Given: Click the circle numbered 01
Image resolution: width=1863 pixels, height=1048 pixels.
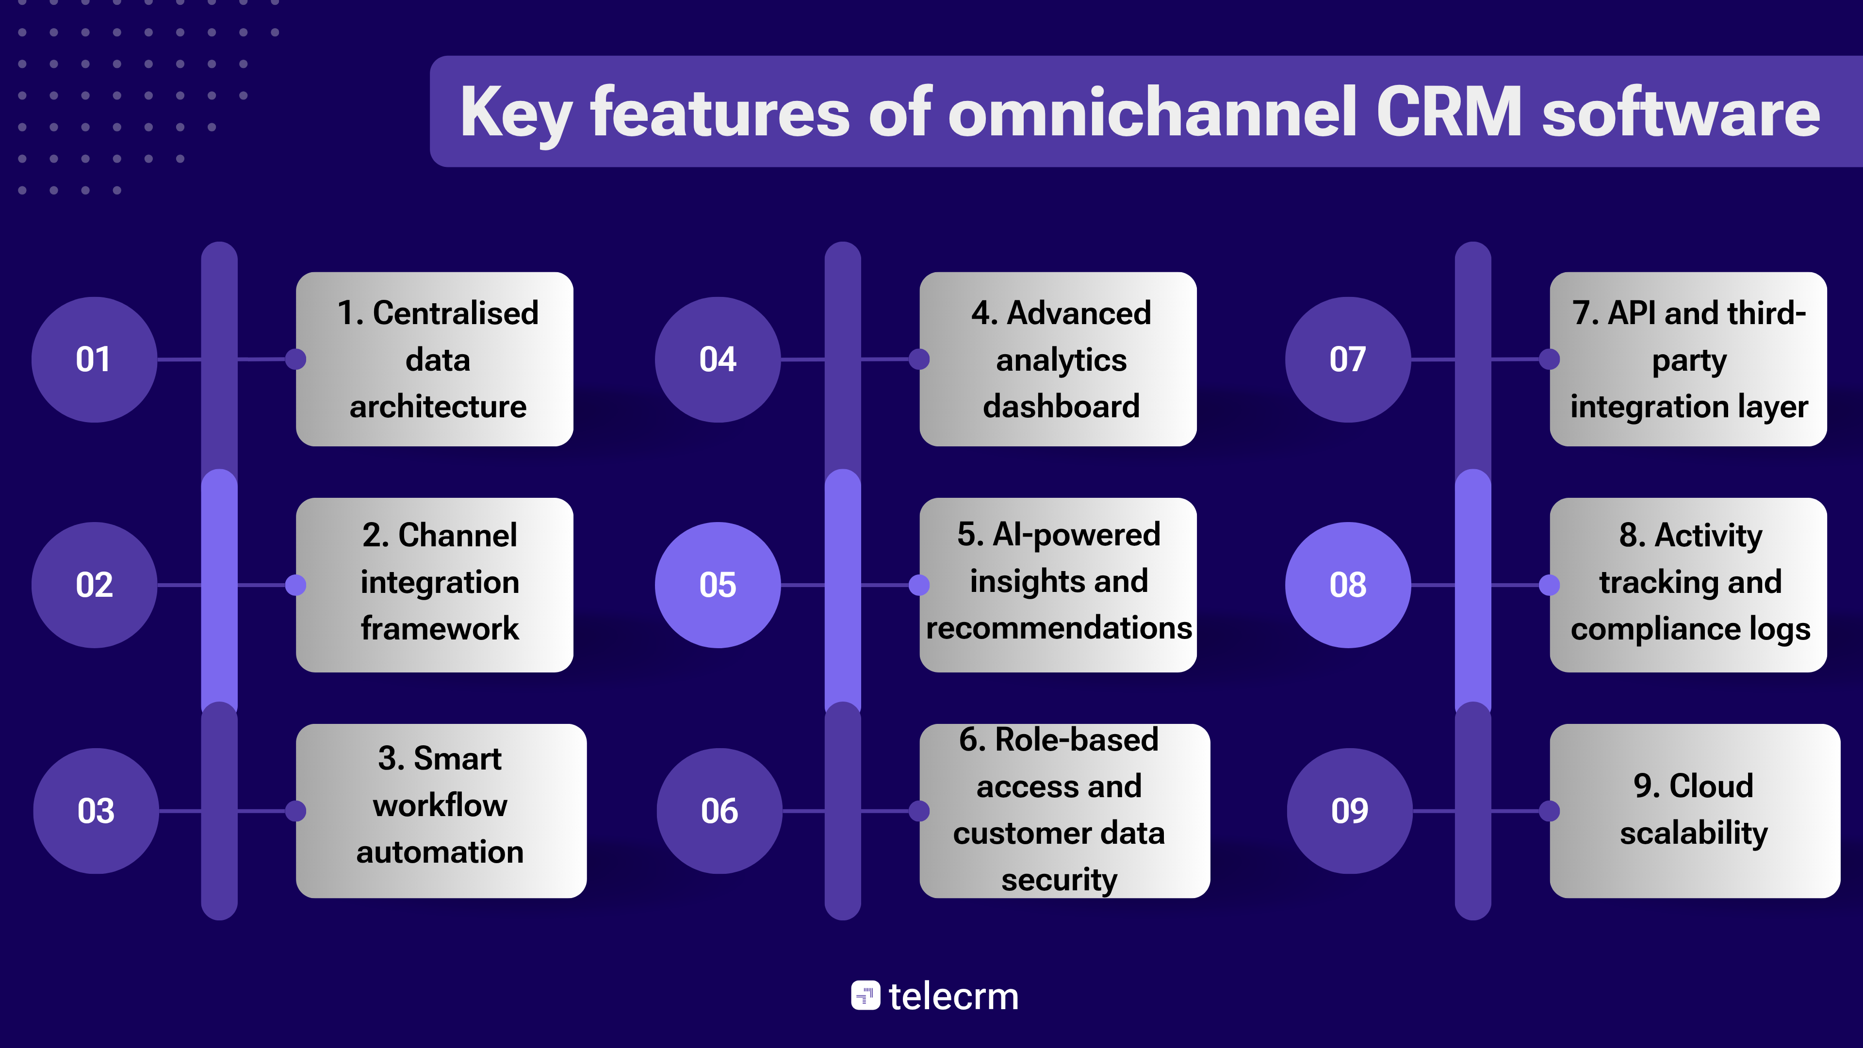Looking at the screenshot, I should click(94, 360).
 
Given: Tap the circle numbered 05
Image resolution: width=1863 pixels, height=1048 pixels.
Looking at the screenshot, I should click(718, 584).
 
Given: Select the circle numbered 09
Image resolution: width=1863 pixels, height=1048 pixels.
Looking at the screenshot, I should click(1350, 811).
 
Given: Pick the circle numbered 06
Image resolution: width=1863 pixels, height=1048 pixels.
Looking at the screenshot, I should click(719, 811).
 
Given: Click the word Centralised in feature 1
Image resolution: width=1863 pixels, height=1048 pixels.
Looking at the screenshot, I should click(456, 313).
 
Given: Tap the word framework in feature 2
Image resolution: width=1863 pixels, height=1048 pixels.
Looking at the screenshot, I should click(440, 628).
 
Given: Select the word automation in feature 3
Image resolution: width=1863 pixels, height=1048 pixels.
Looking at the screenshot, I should click(440, 852).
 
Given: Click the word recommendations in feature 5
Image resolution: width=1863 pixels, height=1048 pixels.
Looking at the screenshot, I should click(1059, 628).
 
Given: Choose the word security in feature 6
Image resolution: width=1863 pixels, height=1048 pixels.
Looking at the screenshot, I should click(1059, 880).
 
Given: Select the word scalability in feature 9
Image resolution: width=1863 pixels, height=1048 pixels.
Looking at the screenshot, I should click(1693, 833).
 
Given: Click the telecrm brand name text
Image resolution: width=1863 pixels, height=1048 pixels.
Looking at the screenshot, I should click(953, 997).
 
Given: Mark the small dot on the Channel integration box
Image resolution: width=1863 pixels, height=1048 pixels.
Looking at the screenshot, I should click(296, 584).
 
